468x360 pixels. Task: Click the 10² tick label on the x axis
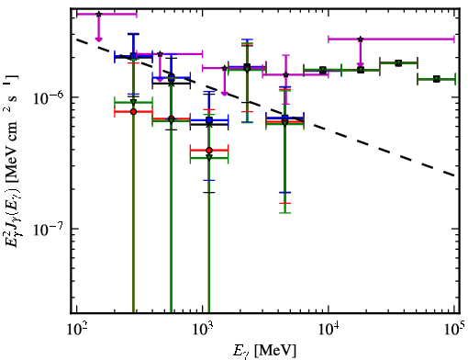pos(77,329)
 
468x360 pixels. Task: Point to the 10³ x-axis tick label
pos(203,329)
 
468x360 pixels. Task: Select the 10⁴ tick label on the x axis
pos(329,329)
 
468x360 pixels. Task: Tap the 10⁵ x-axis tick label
pos(455,329)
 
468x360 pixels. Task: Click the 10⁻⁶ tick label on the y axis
pos(49,97)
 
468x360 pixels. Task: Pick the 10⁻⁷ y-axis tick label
pos(49,230)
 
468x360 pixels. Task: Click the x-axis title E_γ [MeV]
pos(264,351)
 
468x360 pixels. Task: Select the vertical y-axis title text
pos(12,161)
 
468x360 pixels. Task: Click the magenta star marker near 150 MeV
pos(98,14)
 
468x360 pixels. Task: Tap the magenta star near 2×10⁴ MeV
pos(361,39)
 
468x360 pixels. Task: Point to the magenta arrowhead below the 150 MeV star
pos(98,39)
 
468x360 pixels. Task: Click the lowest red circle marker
pos(209,151)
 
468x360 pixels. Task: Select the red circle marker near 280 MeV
pos(133,112)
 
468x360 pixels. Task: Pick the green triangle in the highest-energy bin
pos(437,80)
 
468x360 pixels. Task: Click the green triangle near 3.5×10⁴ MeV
pos(398,63)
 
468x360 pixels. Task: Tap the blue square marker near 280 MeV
pos(133,56)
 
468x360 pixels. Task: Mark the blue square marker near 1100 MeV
pos(209,120)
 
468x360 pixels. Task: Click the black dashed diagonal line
pos(266,107)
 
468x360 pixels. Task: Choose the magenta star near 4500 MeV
pos(285,74)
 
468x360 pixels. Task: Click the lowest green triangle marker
pos(209,158)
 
